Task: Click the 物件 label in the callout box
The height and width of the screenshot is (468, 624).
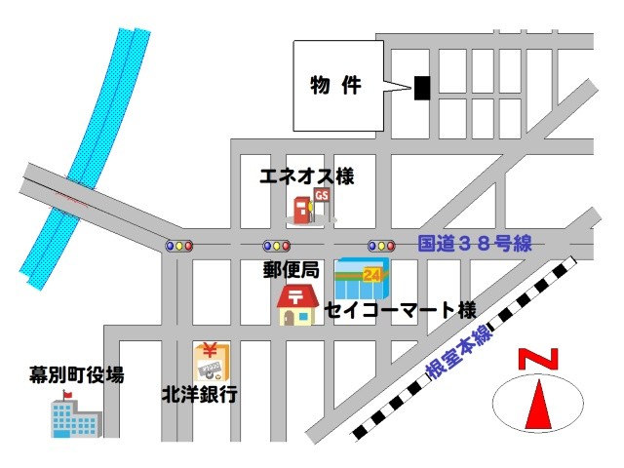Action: tap(335, 86)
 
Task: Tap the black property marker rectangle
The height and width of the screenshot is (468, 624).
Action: tap(421, 88)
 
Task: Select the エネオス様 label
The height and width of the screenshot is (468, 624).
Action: tap(306, 177)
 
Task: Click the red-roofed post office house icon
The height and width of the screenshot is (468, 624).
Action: tap(296, 305)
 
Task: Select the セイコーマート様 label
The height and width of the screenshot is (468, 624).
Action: tap(400, 311)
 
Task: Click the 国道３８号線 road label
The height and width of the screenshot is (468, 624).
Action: tap(475, 244)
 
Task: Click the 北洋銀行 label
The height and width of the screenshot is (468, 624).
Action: tap(200, 396)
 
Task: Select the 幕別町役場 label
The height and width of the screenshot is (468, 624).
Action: tap(77, 374)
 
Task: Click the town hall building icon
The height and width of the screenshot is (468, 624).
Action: tap(74, 416)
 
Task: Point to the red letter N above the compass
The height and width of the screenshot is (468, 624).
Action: tap(538, 359)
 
